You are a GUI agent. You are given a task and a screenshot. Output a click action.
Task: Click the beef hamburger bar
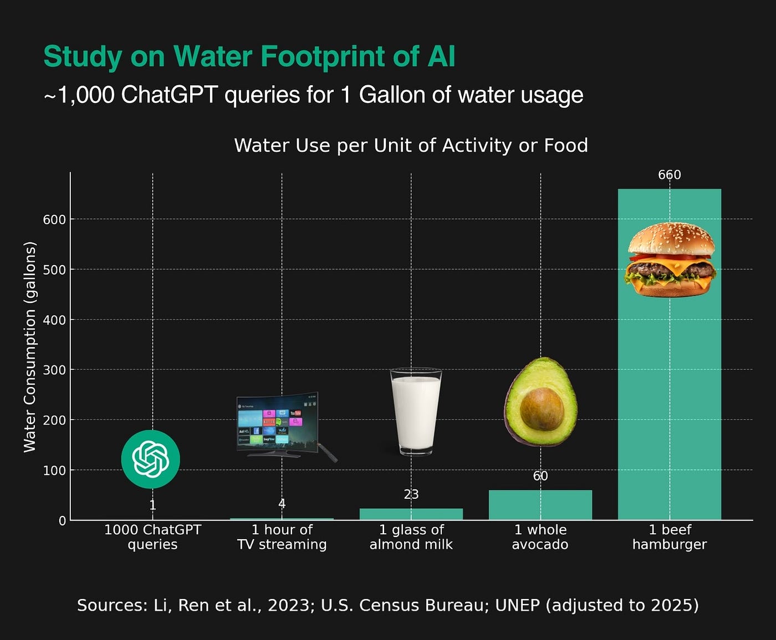pyautogui.click(x=670, y=388)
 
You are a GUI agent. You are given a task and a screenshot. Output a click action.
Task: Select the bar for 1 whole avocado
pyautogui.click(x=540, y=505)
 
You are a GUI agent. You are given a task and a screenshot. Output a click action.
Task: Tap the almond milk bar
pyautogui.click(x=411, y=514)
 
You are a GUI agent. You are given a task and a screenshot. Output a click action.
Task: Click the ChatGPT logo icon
pyautogui.click(x=151, y=459)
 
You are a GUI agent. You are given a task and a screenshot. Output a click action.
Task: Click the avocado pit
pyautogui.click(x=542, y=409)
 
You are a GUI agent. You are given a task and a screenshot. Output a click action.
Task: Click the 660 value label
pyautogui.click(x=670, y=175)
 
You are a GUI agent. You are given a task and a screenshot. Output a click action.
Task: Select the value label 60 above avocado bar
pyautogui.click(x=540, y=476)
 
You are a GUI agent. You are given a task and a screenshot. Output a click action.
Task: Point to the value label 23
pyautogui.click(x=411, y=494)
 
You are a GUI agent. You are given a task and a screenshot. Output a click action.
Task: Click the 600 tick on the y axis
pyautogui.click(x=54, y=220)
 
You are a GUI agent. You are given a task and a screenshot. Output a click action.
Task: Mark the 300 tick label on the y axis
pyautogui.click(x=54, y=370)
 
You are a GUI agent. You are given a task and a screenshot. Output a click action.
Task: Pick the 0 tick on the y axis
pyautogui.click(x=62, y=520)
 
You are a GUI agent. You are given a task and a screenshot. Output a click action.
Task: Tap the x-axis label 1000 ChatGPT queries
pyautogui.click(x=152, y=537)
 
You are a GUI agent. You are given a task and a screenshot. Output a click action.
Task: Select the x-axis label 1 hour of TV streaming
pyautogui.click(x=282, y=537)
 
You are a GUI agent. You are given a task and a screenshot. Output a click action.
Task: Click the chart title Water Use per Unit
pyautogui.click(x=411, y=146)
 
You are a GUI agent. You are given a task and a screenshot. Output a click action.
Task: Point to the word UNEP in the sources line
pyautogui.click(x=517, y=605)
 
